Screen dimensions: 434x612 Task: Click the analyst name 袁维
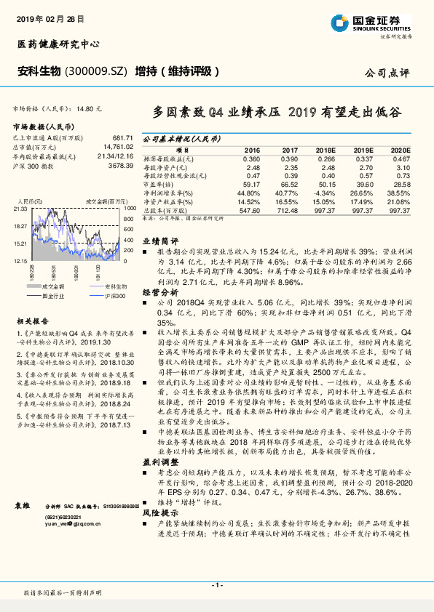click(x=23, y=524)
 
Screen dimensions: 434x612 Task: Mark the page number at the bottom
click(x=216, y=585)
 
